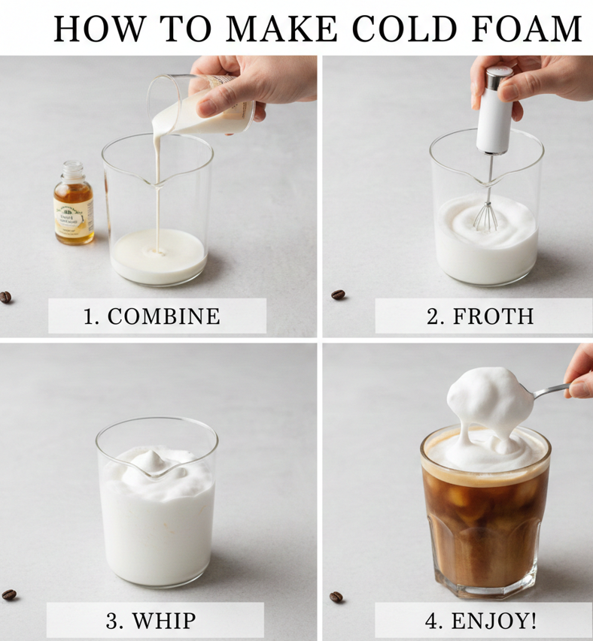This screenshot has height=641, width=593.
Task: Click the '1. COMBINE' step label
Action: point(152,316)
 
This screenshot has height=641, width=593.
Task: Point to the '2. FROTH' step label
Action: point(480,316)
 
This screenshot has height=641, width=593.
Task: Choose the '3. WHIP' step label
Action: point(153,621)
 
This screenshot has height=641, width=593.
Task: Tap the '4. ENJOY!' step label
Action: point(479,621)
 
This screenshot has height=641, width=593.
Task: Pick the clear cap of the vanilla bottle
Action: point(73,170)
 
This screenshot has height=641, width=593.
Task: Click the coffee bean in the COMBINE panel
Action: point(6,298)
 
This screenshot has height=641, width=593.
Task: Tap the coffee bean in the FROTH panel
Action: point(338,295)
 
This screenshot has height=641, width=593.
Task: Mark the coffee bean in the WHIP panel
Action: point(9,594)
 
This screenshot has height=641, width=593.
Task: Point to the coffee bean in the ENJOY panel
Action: point(336,597)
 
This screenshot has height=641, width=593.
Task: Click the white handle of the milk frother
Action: point(494,113)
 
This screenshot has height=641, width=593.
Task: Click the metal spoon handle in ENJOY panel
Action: point(551,390)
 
